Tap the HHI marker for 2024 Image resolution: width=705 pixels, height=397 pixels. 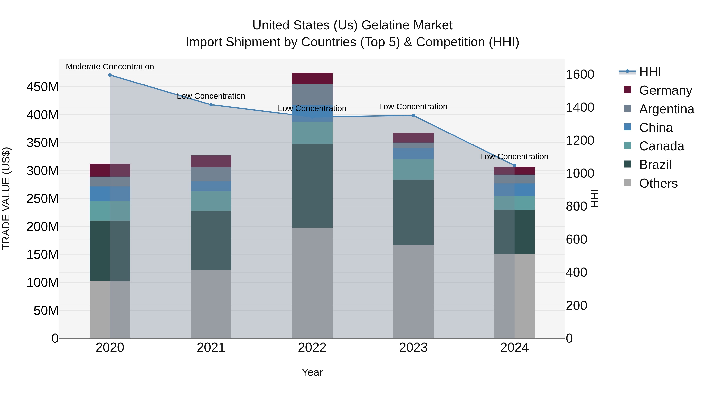click(x=514, y=165)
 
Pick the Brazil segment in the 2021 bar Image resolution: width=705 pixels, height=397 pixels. click(x=211, y=240)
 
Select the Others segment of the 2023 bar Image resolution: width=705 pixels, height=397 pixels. click(x=413, y=291)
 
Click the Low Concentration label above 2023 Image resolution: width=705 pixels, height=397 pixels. click(x=413, y=107)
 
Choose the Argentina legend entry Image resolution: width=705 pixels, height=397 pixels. click(x=666, y=109)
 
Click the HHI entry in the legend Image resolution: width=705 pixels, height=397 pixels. click(x=650, y=72)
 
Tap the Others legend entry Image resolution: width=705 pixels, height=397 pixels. click(x=658, y=183)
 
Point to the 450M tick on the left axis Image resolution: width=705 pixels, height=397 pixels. click(x=42, y=87)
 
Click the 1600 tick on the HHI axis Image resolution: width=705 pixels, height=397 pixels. click(x=580, y=74)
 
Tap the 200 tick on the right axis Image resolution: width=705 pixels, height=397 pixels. click(x=576, y=305)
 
